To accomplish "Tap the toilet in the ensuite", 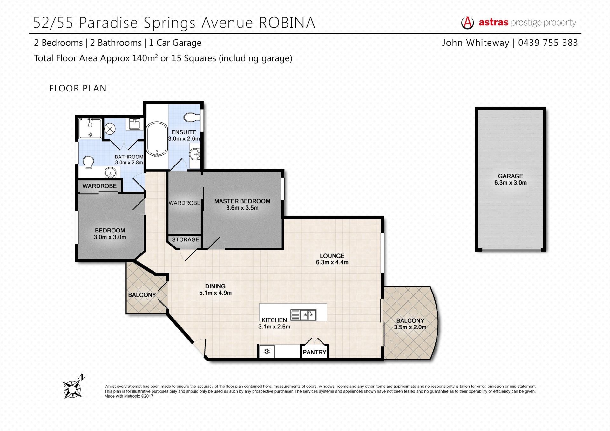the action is click(x=192, y=117).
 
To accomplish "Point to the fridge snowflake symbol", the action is click(x=267, y=352).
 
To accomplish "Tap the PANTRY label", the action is click(x=315, y=352).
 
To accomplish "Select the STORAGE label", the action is click(x=186, y=239).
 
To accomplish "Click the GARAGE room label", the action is click(x=510, y=176).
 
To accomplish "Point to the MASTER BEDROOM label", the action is click(x=242, y=201).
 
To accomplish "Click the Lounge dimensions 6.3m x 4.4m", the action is click(x=332, y=262).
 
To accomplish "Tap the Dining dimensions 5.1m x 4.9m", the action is click(x=215, y=293).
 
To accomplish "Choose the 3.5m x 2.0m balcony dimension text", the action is click(x=410, y=327).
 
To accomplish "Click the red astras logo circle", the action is click(x=467, y=23).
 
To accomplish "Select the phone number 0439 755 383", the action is click(x=548, y=43).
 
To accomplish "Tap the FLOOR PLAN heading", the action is click(x=78, y=88).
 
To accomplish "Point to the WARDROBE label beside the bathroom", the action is click(x=99, y=186).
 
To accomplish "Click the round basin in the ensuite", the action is click(x=195, y=155).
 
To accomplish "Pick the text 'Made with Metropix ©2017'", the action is click(x=129, y=396).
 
